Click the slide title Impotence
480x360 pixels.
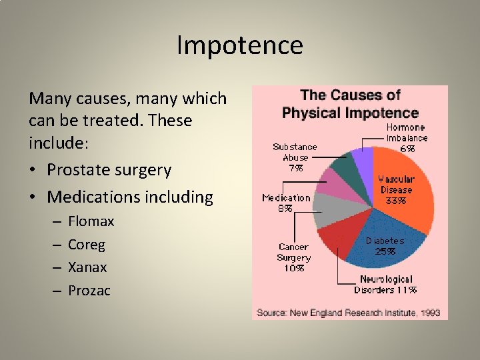(x=240, y=45)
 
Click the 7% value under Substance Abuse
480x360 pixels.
(x=294, y=168)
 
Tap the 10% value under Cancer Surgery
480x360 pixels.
(x=294, y=268)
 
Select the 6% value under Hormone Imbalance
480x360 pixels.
(x=407, y=149)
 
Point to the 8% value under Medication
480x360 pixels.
(x=285, y=208)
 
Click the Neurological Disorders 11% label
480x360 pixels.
(x=386, y=284)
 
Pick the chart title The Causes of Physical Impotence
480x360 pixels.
(x=350, y=104)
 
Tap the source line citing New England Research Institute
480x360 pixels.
(x=349, y=312)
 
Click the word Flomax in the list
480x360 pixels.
(x=91, y=221)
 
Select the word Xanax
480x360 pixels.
(x=87, y=267)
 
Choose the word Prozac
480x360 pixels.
(x=89, y=290)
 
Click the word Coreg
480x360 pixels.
(x=87, y=244)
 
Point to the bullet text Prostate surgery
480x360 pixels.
(x=109, y=170)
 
